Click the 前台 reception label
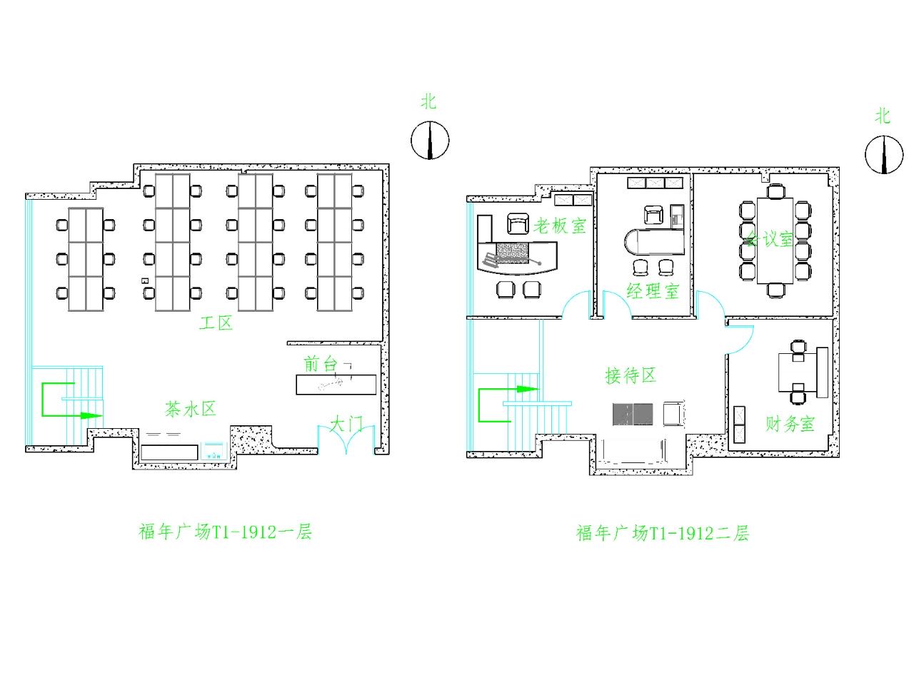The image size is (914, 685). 320,364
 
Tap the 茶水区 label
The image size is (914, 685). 190,410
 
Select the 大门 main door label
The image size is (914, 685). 346,425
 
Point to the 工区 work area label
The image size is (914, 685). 216,323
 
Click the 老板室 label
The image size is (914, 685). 560,226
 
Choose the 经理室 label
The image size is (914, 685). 653,290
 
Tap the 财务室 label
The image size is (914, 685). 790,424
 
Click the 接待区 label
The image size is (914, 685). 631,375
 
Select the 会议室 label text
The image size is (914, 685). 770,239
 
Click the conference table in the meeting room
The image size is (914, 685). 775,240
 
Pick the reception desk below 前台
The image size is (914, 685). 336,385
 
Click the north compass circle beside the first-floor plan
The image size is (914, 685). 430,140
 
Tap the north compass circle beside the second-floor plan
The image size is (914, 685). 884,155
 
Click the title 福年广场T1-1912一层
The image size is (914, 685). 225,532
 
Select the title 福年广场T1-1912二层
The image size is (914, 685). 663,533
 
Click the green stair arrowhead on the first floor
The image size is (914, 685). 91,415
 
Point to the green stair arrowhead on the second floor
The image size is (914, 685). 528,390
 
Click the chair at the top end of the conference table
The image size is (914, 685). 776,191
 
